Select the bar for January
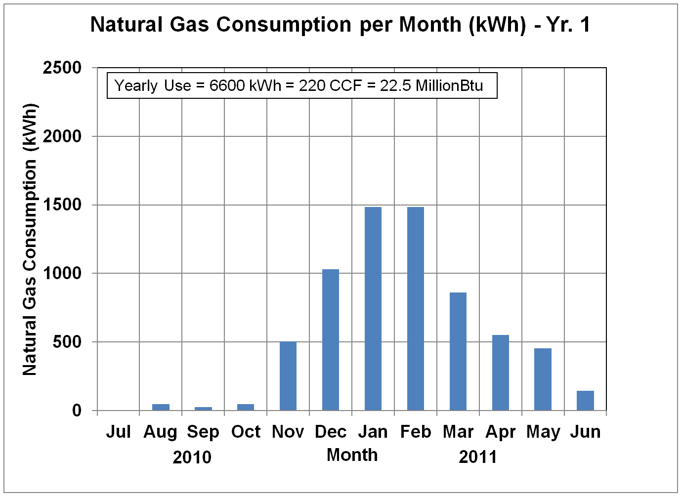click(373, 309)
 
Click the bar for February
click(415, 309)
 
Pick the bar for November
click(288, 376)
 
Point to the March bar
click(458, 351)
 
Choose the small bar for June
click(585, 401)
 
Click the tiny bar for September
click(203, 409)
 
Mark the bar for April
click(500, 373)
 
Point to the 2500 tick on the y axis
click(62, 68)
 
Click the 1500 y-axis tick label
click(62, 205)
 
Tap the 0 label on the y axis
click(77, 411)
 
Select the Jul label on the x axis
click(119, 432)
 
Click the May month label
click(543, 432)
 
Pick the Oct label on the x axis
click(246, 432)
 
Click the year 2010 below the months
click(192, 457)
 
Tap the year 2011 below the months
click(478, 457)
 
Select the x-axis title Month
click(352, 455)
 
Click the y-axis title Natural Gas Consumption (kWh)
click(30, 240)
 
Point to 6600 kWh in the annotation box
click(245, 85)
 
